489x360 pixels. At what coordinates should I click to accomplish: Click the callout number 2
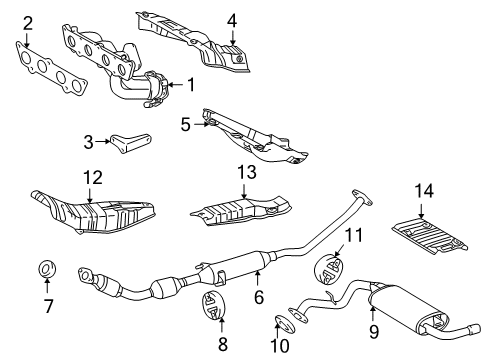(x=28, y=22)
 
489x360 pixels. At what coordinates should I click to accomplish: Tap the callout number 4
(x=231, y=19)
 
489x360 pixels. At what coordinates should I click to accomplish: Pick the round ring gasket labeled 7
(x=46, y=269)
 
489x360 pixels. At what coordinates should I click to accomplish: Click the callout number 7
(x=46, y=305)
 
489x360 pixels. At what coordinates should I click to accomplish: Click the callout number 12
(x=92, y=177)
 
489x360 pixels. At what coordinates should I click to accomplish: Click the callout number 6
(x=258, y=297)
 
